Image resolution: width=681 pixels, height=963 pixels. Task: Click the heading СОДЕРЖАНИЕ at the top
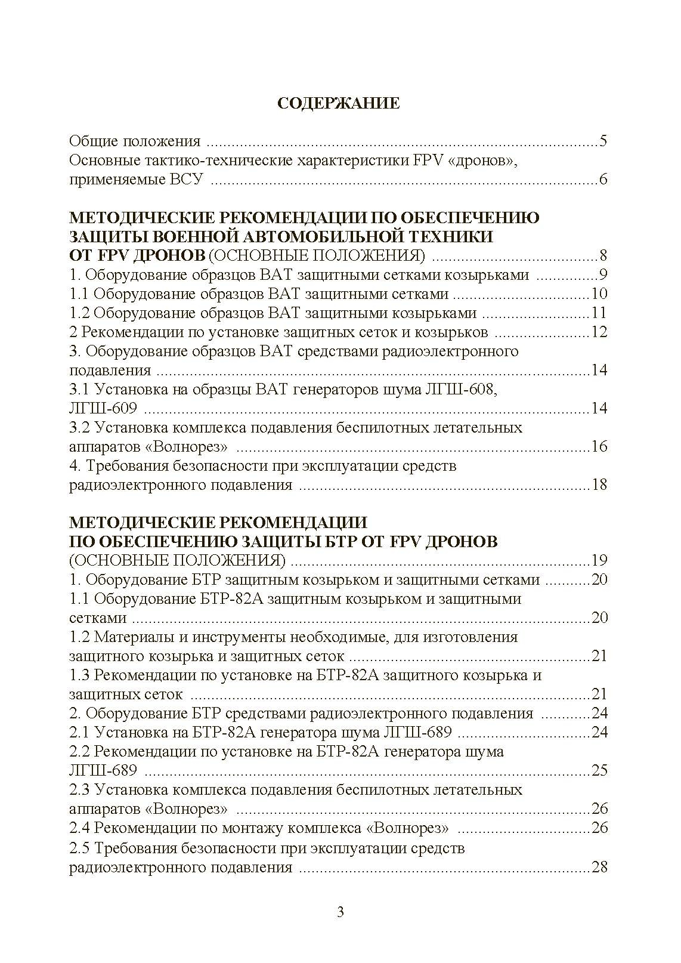coord(338,103)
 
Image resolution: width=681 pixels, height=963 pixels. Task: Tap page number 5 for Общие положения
coord(603,141)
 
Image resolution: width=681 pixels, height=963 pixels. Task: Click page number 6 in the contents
coord(603,180)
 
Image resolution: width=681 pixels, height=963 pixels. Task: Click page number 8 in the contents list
coord(603,256)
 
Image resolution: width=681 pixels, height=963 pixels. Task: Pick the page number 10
coord(599,294)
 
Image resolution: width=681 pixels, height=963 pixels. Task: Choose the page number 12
coord(599,332)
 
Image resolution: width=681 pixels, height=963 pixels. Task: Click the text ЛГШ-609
coord(103,408)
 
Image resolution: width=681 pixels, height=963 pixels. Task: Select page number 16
coord(599,446)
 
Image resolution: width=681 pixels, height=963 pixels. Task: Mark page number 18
coord(599,484)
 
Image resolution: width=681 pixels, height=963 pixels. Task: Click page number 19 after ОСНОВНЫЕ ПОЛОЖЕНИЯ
coord(599,560)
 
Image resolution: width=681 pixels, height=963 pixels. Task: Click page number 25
coord(599,770)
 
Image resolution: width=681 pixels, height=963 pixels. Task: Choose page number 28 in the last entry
coord(599,866)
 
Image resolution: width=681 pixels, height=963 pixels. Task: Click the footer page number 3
coord(340,912)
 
